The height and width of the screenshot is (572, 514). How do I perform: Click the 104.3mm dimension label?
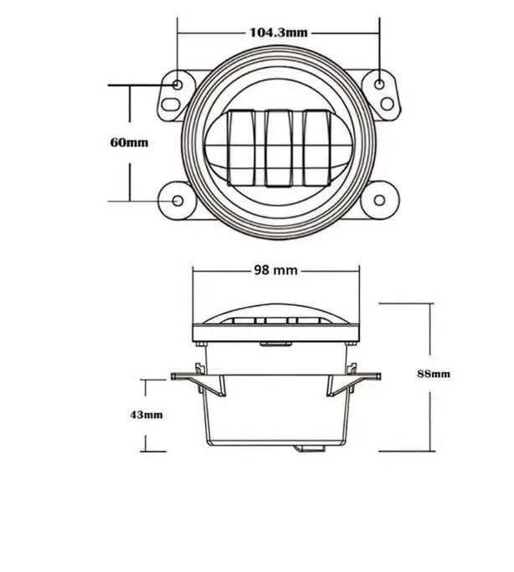click(x=279, y=33)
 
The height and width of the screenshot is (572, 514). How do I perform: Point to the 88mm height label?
click(x=433, y=374)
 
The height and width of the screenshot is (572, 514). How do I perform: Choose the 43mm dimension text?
click(x=146, y=414)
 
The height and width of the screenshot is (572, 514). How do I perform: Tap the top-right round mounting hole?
click(x=379, y=84)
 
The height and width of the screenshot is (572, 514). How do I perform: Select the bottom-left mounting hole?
click(x=177, y=202)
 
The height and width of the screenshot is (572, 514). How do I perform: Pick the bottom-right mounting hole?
click(x=381, y=202)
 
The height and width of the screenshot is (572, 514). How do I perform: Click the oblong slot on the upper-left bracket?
click(x=170, y=106)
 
